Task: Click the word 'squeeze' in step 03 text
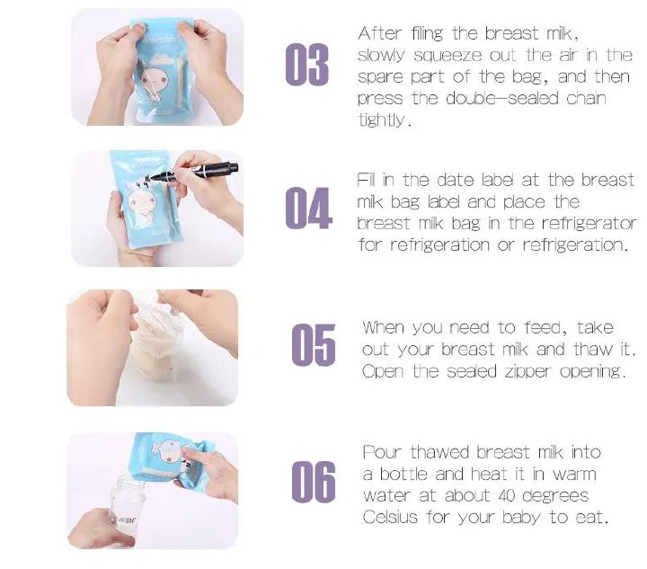click(x=438, y=56)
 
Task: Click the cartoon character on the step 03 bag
click(x=154, y=85)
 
